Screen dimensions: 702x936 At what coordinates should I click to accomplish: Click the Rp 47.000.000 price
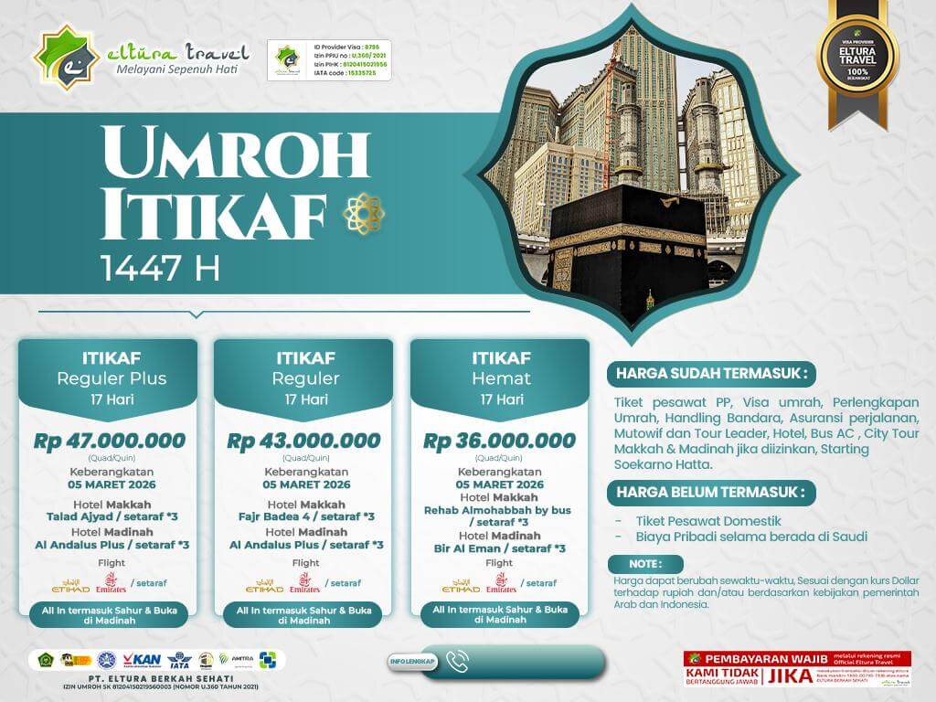[109, 441]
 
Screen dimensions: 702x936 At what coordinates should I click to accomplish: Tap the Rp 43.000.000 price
[303, 441]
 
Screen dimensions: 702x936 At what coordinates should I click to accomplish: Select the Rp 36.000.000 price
[499, 441]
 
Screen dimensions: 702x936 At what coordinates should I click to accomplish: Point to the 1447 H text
[160, 267]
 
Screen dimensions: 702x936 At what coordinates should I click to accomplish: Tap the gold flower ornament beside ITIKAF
[363, 213]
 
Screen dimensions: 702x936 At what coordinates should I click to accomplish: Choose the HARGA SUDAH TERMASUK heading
[711, 374]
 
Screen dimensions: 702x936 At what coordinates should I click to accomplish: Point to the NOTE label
[644, 563]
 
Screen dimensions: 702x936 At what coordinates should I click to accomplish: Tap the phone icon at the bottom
[459, 660]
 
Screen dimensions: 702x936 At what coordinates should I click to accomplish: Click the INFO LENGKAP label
[412, 661]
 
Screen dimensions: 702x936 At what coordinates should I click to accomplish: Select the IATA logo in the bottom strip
[178, 660]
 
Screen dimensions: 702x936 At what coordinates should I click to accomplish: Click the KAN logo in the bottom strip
[142, 660]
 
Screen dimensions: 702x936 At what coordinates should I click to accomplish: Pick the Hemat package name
[498, 378]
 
